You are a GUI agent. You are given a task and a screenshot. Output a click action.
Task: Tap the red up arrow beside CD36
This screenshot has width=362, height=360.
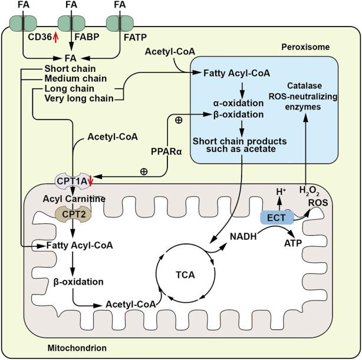coord(56,37)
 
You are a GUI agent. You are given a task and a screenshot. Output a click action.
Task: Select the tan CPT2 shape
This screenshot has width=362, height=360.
coord(71,214)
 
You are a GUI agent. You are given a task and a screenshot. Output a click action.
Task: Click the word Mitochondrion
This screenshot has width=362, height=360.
coord(77,348)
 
